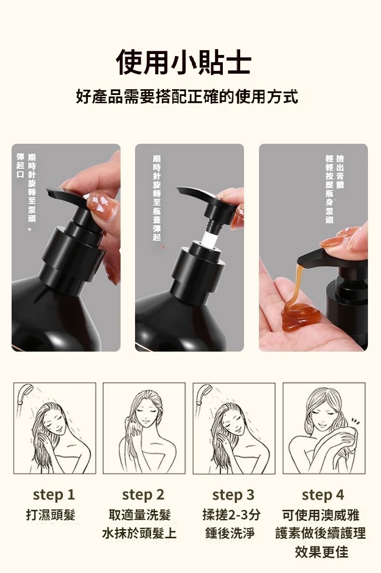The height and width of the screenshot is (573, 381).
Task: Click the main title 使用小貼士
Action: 183,62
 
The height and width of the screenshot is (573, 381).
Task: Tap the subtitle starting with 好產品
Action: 187,96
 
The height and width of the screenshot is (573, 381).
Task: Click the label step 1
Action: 54,495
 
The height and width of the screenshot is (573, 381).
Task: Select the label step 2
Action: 143,495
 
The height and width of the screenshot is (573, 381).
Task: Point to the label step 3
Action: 233,495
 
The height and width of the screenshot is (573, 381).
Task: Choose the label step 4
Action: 323,495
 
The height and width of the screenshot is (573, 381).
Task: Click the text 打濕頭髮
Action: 51,515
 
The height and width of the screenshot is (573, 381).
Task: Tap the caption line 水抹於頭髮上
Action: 139,533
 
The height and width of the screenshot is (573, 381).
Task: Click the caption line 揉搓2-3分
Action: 231,515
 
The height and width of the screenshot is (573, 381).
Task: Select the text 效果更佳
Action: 322,552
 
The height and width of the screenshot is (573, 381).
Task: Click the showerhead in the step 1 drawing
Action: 25,393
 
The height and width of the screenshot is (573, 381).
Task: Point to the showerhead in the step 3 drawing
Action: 204,394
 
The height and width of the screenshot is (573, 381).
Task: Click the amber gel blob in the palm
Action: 300,316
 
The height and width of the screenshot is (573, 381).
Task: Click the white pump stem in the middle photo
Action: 211,236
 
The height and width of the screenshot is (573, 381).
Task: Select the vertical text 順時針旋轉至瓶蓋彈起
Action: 157,198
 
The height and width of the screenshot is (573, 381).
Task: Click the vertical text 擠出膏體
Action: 340,171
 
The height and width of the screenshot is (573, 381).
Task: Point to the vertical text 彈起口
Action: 20,166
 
